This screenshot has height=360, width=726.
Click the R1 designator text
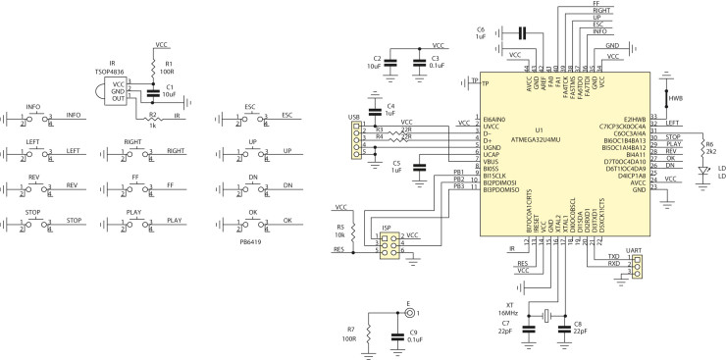coord(169,62)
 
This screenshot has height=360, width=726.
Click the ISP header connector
coord(389,244)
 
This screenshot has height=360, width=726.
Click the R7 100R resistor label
coord(351,334)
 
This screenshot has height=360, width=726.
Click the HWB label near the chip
coord(675,99)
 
